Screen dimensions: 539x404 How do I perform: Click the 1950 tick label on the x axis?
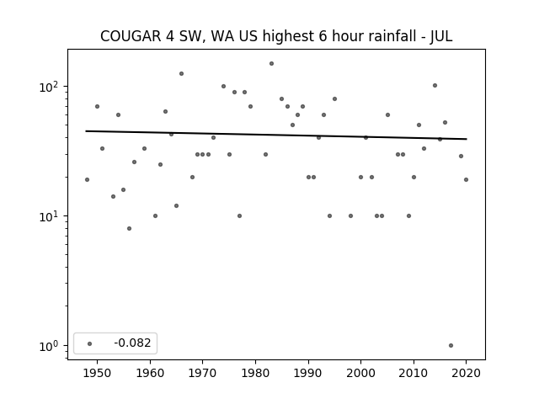click(97, 373)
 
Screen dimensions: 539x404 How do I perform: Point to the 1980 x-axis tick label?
click(255, 373)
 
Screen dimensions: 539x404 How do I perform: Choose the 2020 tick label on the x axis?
click(466, 373)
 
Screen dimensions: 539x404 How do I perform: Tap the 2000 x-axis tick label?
click(360, 373)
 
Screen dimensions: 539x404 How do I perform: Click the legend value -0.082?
click(132, 343)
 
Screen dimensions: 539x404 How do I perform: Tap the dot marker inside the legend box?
click(90, 343)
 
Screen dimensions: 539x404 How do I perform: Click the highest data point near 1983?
click(271, 64)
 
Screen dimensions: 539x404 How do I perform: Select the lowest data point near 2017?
click(451, 346)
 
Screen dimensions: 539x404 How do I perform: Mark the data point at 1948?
click(87, 179)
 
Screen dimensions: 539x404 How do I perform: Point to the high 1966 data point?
click(182, 73)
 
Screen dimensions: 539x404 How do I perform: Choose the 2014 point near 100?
click(435, 86)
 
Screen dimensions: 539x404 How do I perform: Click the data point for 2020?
click(466, 179)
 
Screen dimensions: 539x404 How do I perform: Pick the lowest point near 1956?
click(129, 228)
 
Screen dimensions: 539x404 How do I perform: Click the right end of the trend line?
click(467, 139)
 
